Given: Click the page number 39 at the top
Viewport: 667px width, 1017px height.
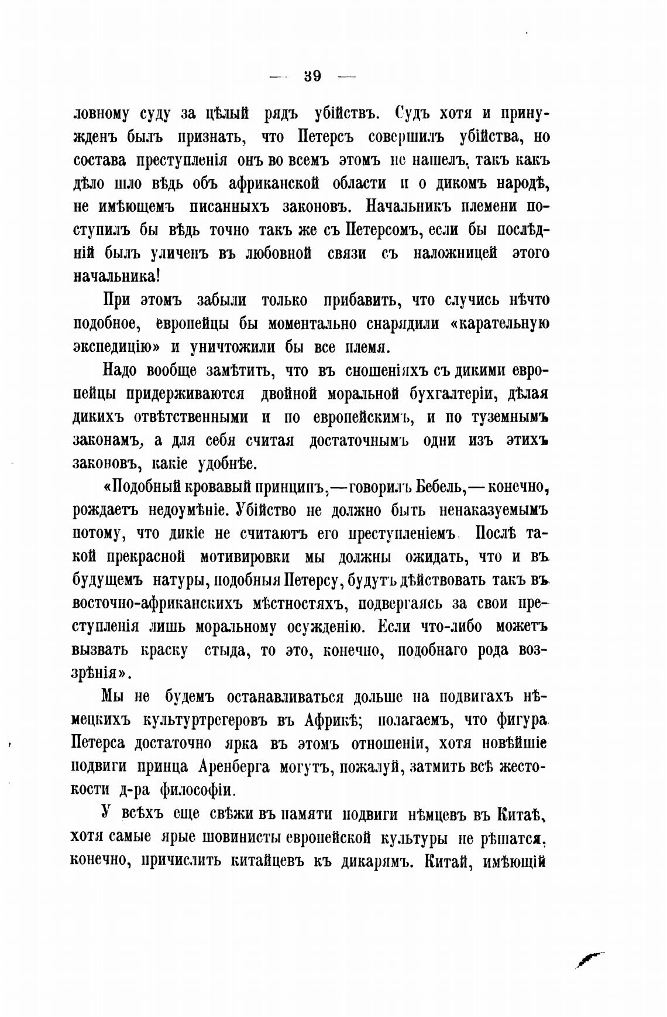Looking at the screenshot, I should point(313,76).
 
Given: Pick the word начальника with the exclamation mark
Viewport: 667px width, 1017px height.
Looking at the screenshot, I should point(117,276).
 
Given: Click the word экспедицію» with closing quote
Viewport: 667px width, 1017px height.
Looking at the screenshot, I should point(116,347).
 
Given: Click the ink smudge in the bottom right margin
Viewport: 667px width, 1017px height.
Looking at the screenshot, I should point(589,958).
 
